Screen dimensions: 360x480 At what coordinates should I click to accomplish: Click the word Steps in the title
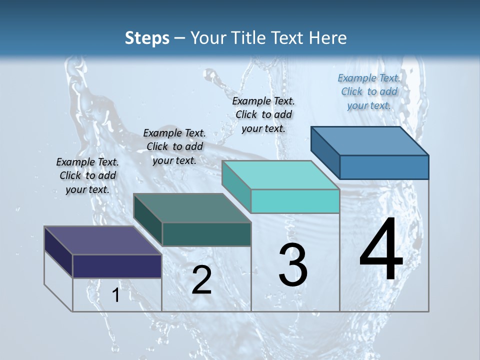[147, 38]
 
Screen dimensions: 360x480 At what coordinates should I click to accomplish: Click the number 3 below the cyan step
[293, 265]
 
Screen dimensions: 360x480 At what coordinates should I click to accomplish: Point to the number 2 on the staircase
[201, 280]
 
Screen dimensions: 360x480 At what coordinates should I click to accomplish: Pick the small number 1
[115, 295]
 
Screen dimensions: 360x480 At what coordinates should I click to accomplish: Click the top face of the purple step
[102, 240]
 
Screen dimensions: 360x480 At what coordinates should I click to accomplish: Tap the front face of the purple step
[117, 266]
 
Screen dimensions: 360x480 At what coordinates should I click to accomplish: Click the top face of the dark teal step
[192, 208]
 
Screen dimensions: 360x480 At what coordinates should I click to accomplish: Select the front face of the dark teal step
[206, 234]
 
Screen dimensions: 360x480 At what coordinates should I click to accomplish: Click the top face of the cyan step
[280, 175]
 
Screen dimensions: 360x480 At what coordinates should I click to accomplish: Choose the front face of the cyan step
[295, 201]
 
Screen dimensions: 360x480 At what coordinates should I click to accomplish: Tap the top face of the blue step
[369, 140]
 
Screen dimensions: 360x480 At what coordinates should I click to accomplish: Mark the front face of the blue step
[384, 167]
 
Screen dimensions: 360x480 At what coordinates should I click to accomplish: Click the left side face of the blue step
[325, 152]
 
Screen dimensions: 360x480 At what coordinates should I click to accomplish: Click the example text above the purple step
[87, 175]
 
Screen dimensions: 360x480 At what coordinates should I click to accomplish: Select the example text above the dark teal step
[174, 146]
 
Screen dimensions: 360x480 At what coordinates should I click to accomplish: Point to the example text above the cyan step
[263, 114]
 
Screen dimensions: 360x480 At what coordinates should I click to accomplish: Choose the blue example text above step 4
[369, 91]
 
